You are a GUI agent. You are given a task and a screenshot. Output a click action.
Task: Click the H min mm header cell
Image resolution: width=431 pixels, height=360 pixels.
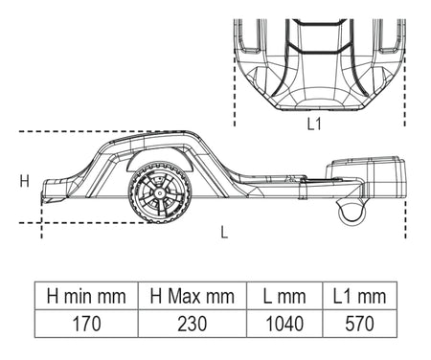86,296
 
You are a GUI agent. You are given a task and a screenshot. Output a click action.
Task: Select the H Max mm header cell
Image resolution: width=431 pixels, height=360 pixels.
193,296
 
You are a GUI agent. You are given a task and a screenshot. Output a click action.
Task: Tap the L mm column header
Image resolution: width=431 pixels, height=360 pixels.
284,296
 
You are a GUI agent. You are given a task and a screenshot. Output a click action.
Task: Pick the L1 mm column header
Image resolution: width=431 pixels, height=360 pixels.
360,296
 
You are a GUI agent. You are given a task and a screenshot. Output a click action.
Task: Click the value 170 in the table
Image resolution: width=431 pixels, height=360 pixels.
86,324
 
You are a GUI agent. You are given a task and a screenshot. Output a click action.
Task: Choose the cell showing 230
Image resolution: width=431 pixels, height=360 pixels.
193,324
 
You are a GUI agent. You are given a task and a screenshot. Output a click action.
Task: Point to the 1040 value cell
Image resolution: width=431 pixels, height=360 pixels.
284,324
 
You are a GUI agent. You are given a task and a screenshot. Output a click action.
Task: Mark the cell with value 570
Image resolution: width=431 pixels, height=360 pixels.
360,324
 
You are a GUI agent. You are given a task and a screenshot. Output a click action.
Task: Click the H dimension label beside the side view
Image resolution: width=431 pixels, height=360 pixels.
25,181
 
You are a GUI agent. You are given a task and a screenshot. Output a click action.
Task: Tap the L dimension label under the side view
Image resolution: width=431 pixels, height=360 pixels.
224,232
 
